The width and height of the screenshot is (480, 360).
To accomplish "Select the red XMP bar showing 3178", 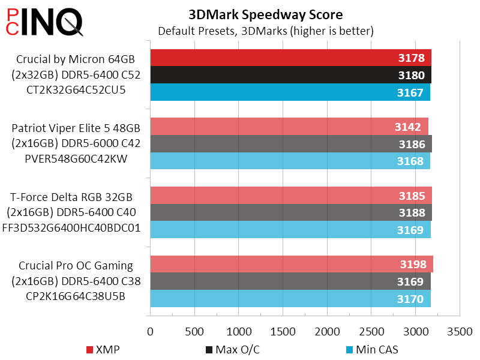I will (290, 58).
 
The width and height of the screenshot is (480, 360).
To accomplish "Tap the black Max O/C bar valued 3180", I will (290, 76).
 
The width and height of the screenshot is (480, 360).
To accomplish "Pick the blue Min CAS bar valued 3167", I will (290, 93).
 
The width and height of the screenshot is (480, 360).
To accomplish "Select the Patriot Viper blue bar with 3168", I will (290, 161).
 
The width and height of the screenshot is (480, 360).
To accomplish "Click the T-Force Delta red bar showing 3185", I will (290, 196).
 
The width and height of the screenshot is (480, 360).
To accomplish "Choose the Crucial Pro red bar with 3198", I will (291, 265).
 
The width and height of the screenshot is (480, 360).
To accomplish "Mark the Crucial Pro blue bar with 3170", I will (290, 299).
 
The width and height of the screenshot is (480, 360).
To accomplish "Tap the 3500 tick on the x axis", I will (460, 331).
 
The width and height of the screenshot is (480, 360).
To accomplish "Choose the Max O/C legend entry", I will (230, 349).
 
